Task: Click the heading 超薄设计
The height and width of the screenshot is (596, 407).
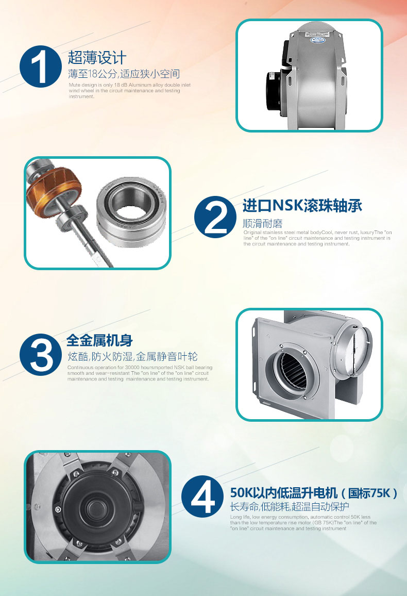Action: coord(97,57)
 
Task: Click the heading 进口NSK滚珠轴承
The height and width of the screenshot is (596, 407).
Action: coord(302,206)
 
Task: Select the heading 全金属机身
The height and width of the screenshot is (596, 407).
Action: coord(99,340)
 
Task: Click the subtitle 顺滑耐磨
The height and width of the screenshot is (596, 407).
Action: coord(263,224)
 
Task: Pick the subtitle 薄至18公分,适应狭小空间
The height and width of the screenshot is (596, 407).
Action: coord(124,74)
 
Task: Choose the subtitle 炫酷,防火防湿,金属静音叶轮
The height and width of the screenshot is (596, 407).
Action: coord(132,357)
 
